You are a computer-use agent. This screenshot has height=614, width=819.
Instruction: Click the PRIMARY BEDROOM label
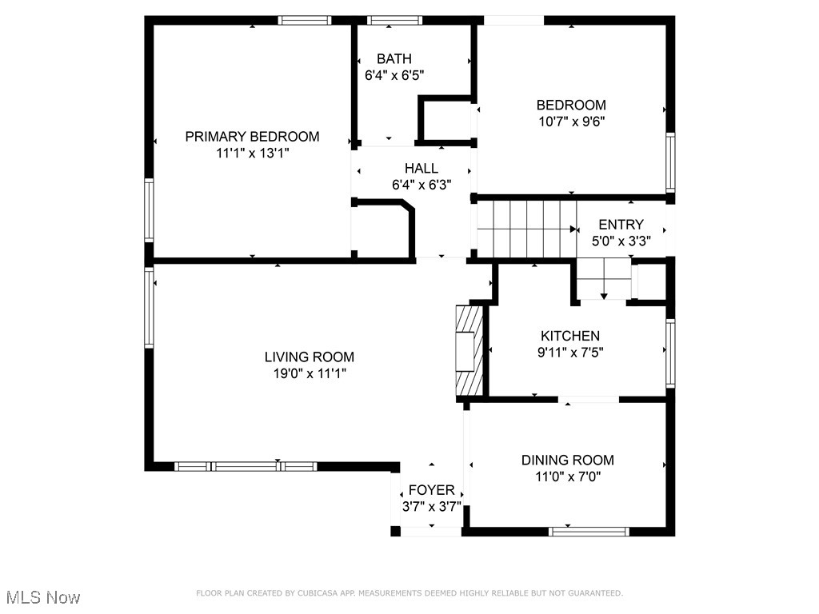click(x=252, y=137)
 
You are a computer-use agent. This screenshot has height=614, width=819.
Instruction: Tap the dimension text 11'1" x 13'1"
click(x=252, y=153)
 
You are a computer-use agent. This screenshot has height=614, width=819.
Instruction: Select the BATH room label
click(x=394, y=58)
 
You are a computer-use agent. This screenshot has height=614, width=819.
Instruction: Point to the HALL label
click(x=421, y=168)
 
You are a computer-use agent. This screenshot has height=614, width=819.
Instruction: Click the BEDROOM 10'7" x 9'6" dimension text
click(x=571, y=122)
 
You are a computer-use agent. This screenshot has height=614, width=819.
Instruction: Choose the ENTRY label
click(x=621, y=225)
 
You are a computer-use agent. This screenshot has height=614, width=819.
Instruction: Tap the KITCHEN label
click(x=569, y=336)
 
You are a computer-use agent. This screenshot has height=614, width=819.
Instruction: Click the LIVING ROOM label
click(x=310, y=357)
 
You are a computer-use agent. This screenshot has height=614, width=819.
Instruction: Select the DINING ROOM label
click(x=568, y=460)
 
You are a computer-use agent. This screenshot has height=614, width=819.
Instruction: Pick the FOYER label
click(x=431, y=490)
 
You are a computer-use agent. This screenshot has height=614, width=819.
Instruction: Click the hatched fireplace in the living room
click(x=469, y=351)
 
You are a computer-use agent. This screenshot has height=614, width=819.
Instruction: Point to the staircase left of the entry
click(x=526, y=229)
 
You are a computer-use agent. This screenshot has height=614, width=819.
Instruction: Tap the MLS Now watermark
click(x=42, y=597)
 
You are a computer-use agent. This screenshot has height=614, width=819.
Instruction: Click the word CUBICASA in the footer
click(x=318, y=593)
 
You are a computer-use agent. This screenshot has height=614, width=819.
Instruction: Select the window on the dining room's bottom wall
click(x=589, y=531)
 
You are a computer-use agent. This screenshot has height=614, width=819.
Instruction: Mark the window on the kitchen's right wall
click(x=670, y=353)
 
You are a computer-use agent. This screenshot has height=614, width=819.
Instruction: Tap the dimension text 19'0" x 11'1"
click(x=310, y=373)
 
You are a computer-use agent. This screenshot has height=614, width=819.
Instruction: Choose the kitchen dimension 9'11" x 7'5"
click(x=569, y=353)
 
